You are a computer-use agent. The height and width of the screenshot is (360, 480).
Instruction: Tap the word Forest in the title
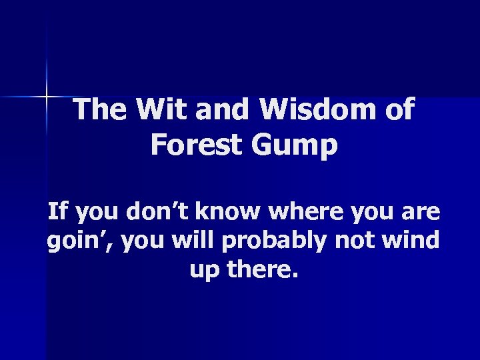pos(191,145)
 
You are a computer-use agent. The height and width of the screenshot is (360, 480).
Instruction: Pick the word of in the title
pos(398,110)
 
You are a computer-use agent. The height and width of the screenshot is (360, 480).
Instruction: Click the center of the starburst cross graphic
pos(47,97)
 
